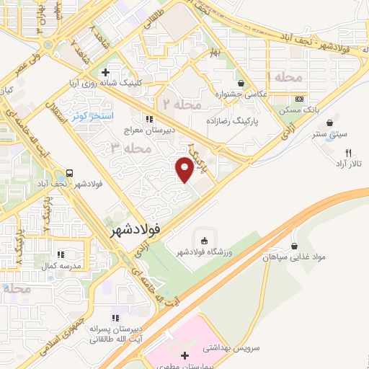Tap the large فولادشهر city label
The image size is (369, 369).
click(x=138, y=232)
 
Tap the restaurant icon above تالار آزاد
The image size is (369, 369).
click(x=349, y=153)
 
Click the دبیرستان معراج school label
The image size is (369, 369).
click(x=149, y=130)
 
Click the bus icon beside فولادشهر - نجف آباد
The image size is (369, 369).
click(x=70, y=173)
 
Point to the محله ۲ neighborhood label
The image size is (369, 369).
click(x=180, y=105)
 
